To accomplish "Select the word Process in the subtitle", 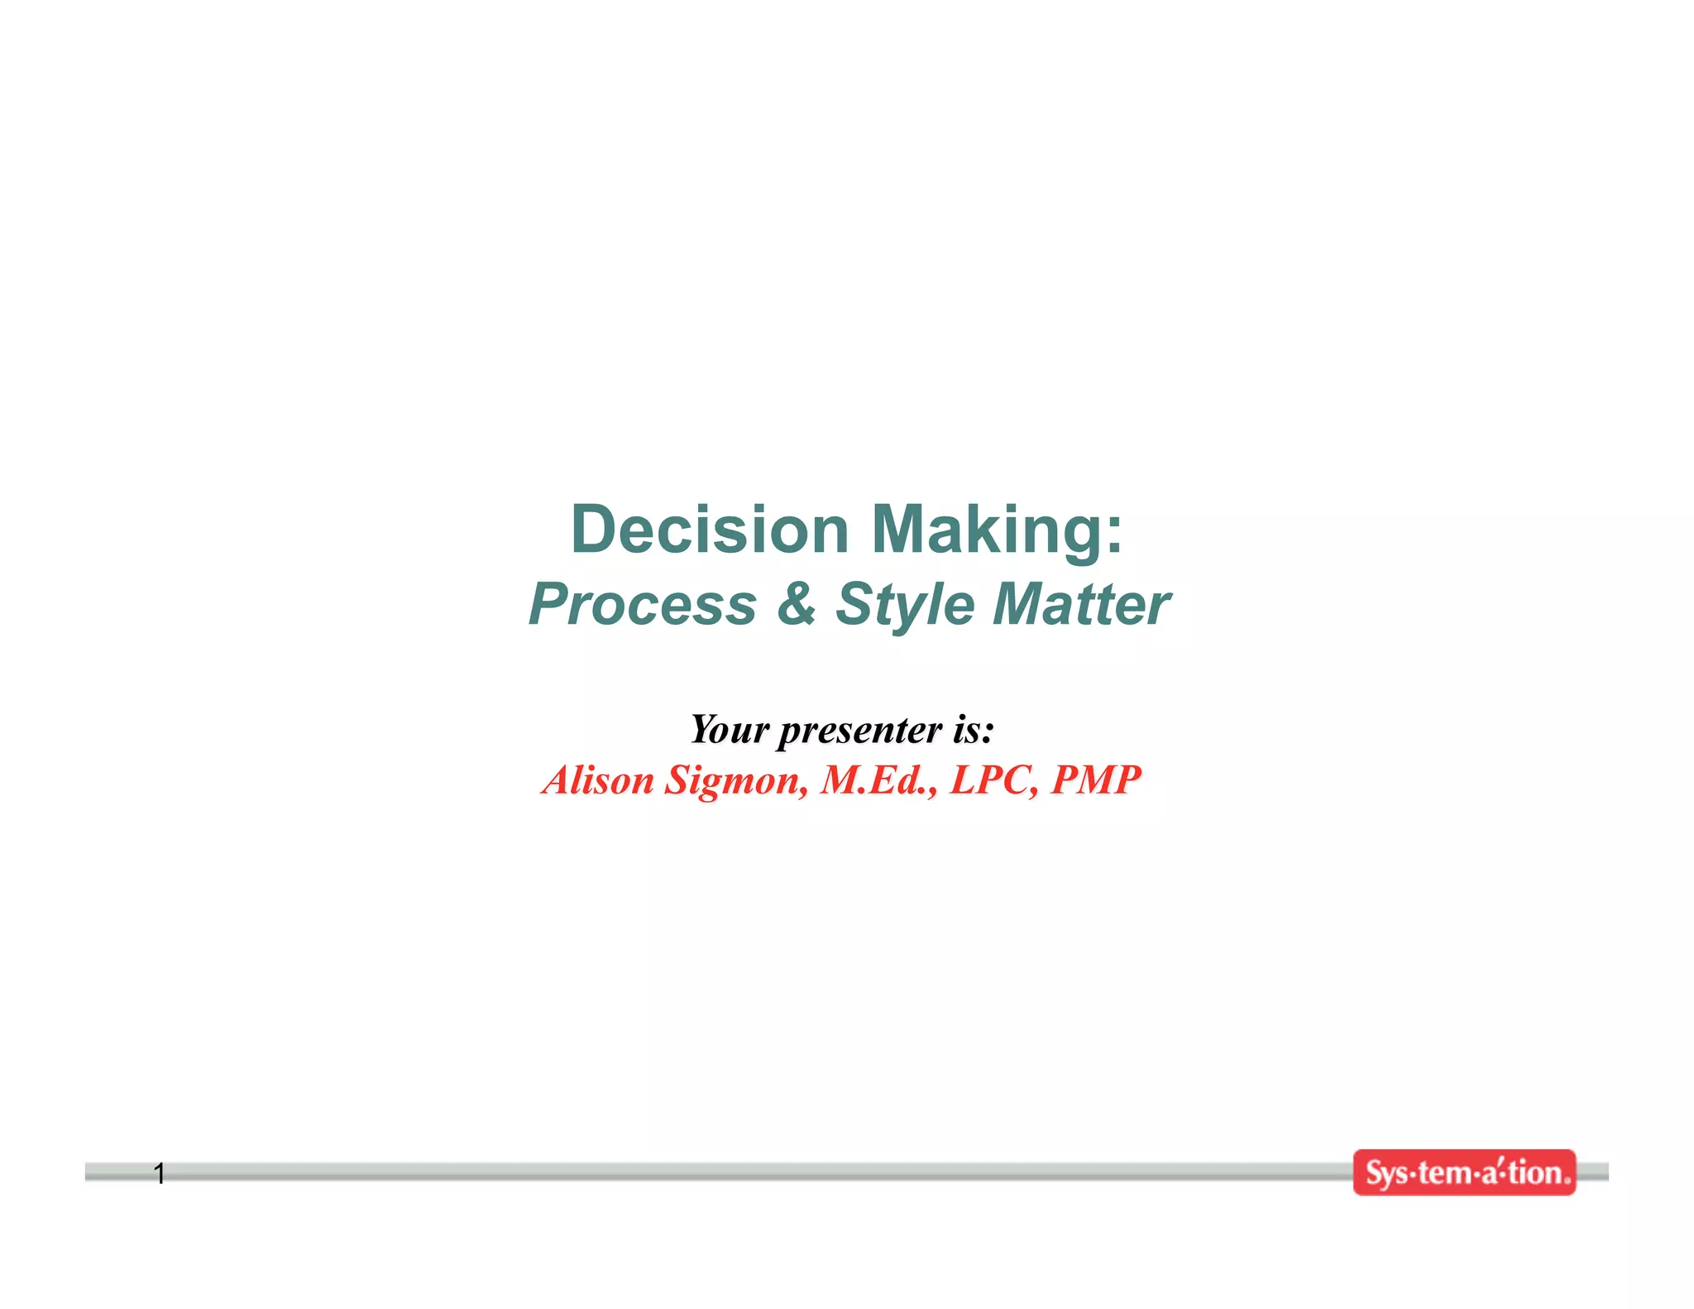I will point(643,604).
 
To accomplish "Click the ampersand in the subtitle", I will point(796,604).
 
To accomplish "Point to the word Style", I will point(905,606).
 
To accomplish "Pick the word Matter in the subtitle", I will point(1081,604).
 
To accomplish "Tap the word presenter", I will point(860,731).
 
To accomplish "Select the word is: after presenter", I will point(973,729).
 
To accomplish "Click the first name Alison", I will point(598,779).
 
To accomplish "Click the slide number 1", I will point(160,1172).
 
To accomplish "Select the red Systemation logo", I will point(1464,1172).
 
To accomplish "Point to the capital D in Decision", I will point(593,530).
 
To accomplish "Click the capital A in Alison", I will point(560,779).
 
